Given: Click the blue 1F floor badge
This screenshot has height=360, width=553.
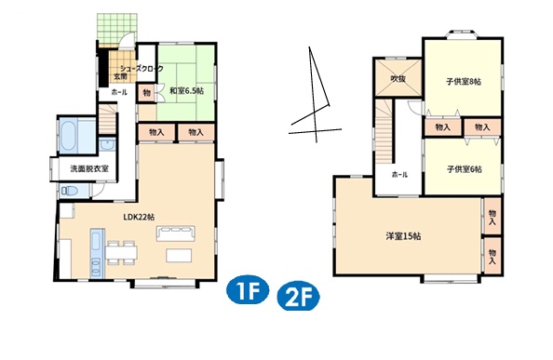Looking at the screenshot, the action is click(248, 290).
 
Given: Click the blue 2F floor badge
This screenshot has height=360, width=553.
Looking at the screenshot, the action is click(298, 296).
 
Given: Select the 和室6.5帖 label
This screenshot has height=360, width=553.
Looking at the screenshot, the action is click(186, 91).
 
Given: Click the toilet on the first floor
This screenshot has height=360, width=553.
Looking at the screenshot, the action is click(70, 191).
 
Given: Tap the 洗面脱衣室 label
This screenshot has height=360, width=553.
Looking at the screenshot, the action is click(89, 168).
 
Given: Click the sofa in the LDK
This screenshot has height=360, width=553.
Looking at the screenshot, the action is click(176, 233).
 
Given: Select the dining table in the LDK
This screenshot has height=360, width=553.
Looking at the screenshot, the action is click(121, 252).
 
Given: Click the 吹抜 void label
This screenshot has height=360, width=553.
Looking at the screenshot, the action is click(398, 78).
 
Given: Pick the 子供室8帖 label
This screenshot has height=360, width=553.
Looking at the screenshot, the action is click(464, 81).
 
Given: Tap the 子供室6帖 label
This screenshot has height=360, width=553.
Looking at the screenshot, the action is click(465, 169).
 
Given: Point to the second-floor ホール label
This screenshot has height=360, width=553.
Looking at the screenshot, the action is click(399, 174).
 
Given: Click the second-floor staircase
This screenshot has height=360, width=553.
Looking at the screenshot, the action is click(384, 132).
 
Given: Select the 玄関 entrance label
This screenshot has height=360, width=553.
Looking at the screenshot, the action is click(120, 76).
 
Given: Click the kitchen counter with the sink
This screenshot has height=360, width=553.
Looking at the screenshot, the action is click(97, 254).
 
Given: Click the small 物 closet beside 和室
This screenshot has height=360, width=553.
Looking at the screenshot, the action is click(147, 93).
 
